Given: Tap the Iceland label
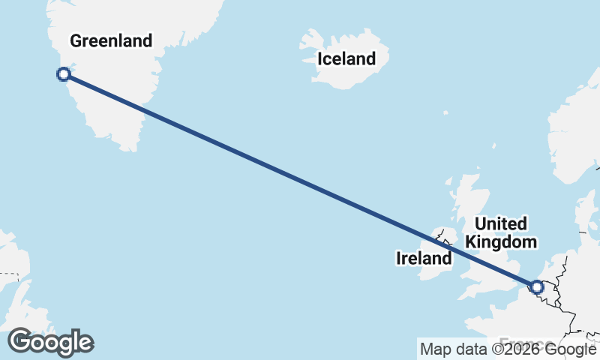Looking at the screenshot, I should tap(346, 58).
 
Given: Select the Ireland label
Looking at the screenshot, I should tap(424, 259).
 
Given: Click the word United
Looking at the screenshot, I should tap(501, 223).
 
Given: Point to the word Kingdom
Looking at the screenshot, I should tap(501, 242).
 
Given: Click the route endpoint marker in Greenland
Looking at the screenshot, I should tap(64, 73).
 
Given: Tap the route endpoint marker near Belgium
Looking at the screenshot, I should tap(536, 286).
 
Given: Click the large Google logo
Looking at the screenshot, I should tap(50, 342).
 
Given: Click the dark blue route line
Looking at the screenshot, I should tap(300, 180).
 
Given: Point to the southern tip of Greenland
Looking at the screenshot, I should tap(133, 148).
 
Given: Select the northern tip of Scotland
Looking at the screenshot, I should tap(469, 178).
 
